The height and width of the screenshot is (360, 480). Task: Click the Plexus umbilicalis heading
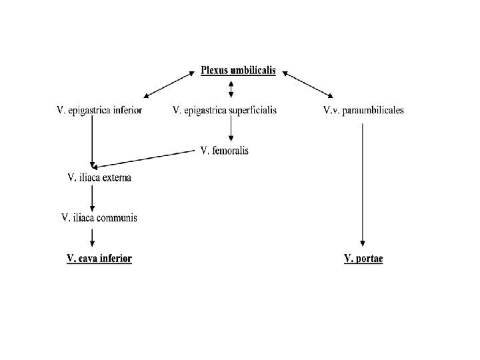click(x=238, y=71)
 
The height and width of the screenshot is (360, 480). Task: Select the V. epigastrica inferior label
click(x=99, y=111)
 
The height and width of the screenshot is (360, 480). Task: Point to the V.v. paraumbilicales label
click(x=363, y=111)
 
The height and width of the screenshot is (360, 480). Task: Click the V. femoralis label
click(x=225, y=151)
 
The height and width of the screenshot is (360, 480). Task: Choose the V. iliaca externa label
click(x=99, y=177)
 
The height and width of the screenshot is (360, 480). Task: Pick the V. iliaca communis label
click(x=99, y=217)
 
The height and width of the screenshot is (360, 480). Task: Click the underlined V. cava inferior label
click(x=99, y=258)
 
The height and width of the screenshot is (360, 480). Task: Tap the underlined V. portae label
click(x=363, y=258)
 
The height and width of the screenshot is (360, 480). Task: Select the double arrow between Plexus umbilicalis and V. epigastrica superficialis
click(x=231, y=89)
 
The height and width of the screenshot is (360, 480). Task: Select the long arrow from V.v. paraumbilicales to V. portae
click(x=363, y=183)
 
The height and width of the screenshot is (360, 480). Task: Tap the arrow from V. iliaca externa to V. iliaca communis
click(x=92, y=197)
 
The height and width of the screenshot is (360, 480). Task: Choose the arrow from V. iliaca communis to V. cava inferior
click(x=92, y=237)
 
